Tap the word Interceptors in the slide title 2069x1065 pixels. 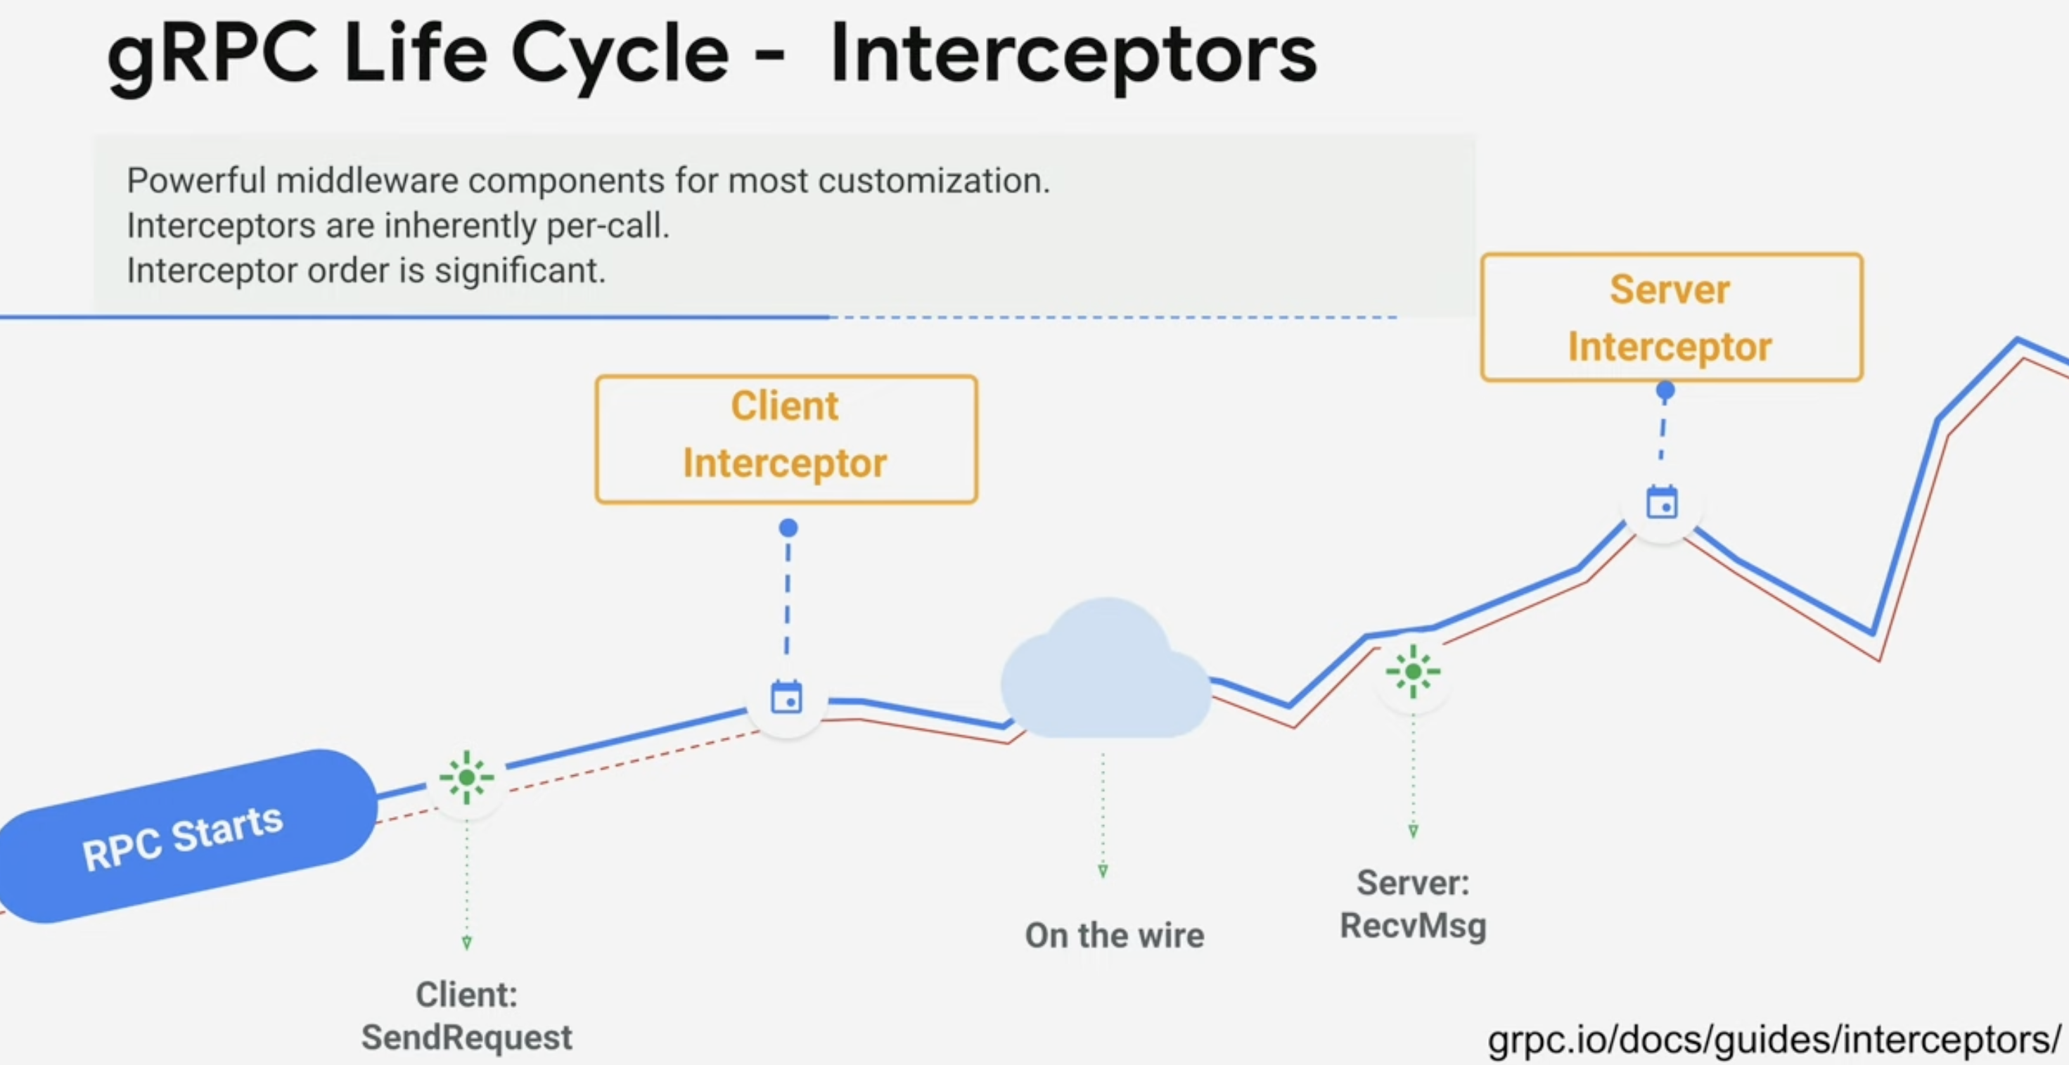(1073, 55)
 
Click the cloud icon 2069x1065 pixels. (1106, 668)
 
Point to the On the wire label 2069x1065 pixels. (1114, 936)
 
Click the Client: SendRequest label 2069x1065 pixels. (467, 1016)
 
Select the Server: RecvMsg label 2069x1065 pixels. (1413, 905)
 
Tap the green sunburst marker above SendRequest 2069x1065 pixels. (467, 777)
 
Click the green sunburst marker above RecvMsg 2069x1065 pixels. (1413, 672)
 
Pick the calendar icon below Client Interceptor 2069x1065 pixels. (786, 697)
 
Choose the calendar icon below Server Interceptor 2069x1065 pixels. (1663, 503)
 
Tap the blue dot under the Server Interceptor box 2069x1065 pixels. (1666, 391)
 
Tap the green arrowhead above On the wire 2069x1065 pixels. (1103, 872)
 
